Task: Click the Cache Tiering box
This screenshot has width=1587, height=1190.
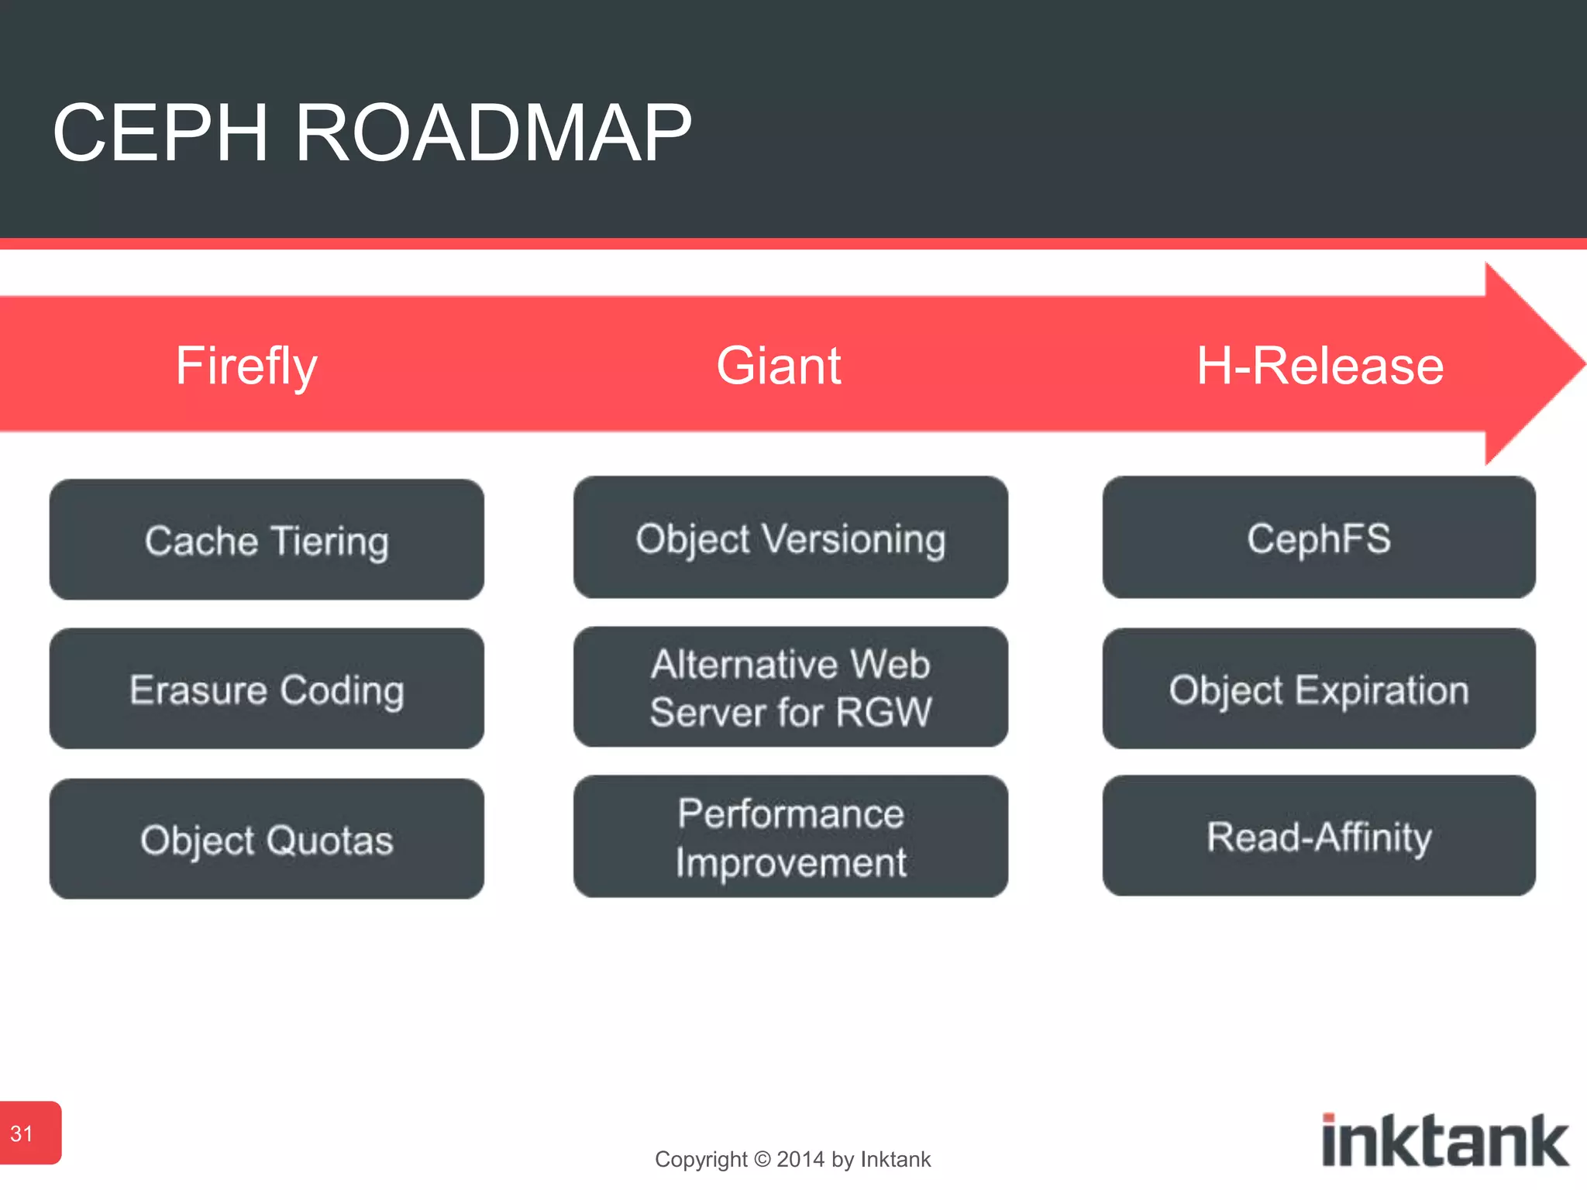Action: pos(267,540)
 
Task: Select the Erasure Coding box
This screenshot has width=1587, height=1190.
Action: pos(267,689)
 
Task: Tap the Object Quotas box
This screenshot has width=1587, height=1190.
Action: pos(267,839)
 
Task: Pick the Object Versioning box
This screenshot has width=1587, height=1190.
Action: pos(790,538)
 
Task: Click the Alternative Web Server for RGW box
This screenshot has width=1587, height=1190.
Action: pos(790,687)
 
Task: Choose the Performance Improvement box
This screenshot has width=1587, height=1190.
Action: pos(790,837)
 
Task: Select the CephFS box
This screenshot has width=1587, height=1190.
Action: pos(1319,538)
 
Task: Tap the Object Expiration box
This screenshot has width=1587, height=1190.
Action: pos(1319,689)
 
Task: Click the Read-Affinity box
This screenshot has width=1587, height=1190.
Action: pos(1319,836)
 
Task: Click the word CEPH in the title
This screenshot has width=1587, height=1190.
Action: pos(160,133)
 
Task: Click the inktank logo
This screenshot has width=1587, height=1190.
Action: pos(1444,1140)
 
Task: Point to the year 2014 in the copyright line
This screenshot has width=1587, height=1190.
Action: pos(800,1159)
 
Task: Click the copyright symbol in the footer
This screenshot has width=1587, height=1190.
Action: pos(763,1159)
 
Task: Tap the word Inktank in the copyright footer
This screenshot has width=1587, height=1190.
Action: pos(895,1159)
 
